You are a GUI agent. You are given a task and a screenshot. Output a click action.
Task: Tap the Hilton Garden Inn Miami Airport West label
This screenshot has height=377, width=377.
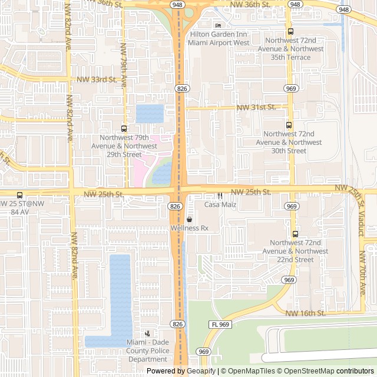(x=219, y=39)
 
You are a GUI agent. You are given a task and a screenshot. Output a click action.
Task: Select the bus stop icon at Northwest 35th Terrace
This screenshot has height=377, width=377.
(x=290, y=32)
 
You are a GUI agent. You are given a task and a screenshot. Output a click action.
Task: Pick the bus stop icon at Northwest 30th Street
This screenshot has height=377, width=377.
(x=289, y=125)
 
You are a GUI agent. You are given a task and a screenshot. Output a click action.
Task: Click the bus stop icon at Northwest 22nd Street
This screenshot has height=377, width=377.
(x=296, y=234)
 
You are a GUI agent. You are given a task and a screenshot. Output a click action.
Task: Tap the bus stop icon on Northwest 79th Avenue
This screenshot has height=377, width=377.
(x=124, y=128)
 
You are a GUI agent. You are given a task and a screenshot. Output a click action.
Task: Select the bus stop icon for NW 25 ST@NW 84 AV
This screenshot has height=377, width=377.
(x=20, y=195)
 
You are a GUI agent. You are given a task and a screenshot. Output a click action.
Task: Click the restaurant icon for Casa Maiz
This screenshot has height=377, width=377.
(x=220, y=196)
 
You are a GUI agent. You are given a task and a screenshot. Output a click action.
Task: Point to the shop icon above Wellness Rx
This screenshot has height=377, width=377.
(x=189, y=219)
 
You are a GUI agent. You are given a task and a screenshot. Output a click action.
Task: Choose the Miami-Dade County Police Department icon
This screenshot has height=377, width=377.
(x=147, y=333)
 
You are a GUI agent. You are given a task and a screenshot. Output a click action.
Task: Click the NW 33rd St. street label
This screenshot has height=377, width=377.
(x=98, y=79)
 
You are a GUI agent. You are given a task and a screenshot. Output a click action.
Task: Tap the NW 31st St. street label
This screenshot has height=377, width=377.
(x=256, y=107)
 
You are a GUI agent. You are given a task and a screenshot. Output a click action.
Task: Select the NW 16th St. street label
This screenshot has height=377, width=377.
(x=306, y=313)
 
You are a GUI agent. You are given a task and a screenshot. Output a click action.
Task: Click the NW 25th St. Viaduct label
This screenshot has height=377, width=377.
(x=356, y=209)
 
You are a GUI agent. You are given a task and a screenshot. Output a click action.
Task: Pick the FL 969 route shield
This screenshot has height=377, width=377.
(x=220, y=325)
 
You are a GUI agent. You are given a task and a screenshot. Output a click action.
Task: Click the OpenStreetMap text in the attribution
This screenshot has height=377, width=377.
(x=311, y=371)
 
